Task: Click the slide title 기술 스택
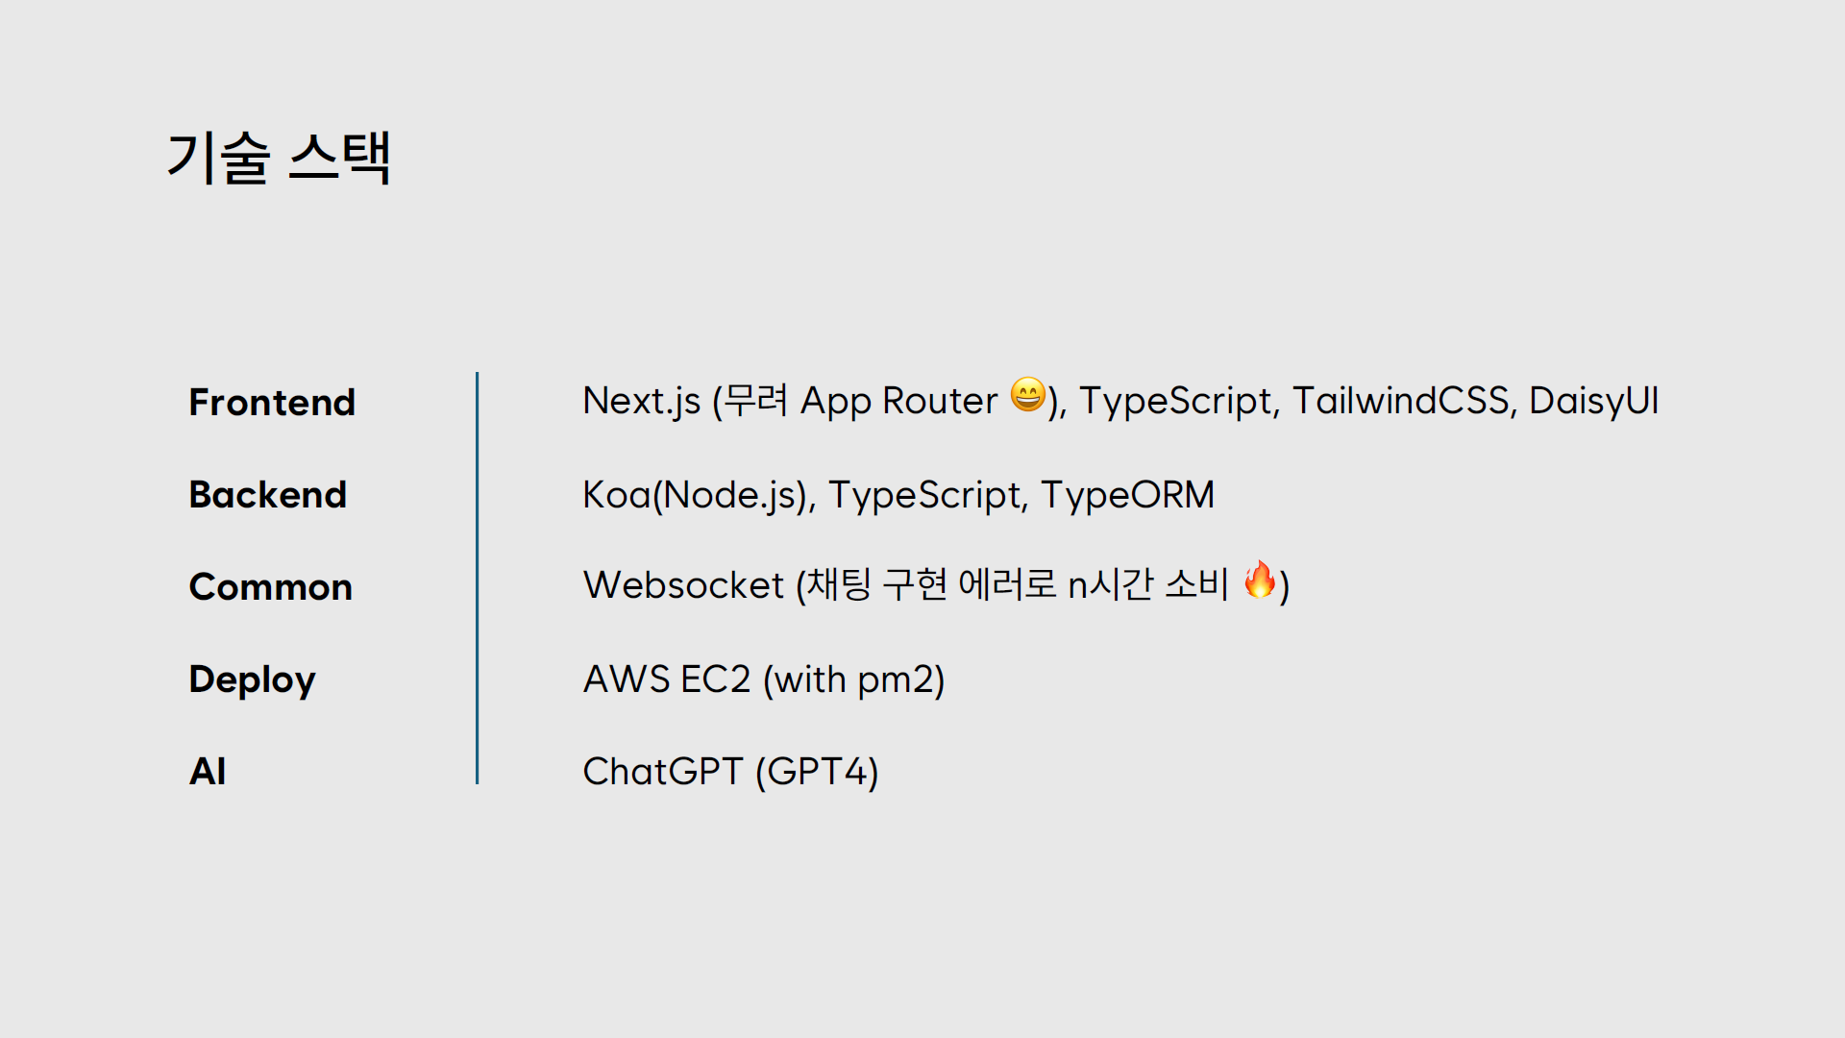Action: (279, 158)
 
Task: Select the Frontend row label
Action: (272, 402)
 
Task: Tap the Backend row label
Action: (267, 494)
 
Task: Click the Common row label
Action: (270, 586)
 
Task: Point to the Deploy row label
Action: (252, 680)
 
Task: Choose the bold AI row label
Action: (208, 771)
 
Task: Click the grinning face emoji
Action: (1027, 394)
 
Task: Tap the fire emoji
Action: (1260, 580)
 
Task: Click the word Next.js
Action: (641, 401)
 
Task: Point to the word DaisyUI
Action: (1593, 401)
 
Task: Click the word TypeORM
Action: (1127, 495)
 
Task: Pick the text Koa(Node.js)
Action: (699, 495)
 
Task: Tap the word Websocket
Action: (683, 585)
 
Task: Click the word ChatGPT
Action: (663, 771)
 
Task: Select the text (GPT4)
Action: (817, 771)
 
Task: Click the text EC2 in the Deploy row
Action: (715, 680)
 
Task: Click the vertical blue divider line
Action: (477, 578)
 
